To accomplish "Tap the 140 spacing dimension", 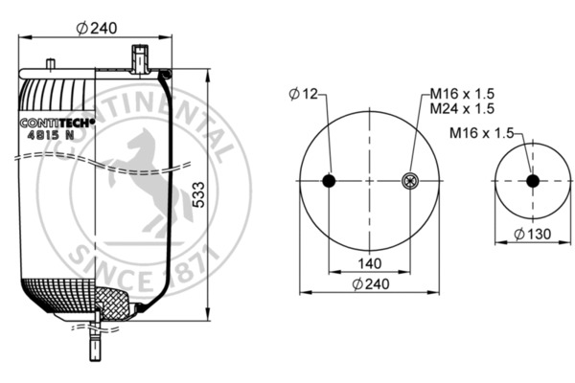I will point(369,263).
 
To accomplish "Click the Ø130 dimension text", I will point(531,235).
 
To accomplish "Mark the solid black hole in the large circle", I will point(329,182).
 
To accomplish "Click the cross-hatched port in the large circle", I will point(410,182).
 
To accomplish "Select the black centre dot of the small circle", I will point(532,181).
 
